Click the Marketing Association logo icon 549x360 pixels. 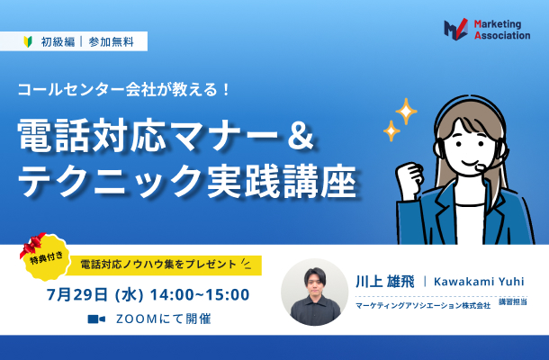[456, 29]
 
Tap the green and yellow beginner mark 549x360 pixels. [28, 41]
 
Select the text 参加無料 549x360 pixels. [111, 42]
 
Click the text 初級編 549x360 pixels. [58, 42]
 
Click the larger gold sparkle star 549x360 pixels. [406, 111]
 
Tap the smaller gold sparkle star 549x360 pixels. [391, 130]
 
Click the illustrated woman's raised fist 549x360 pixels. [409, 175]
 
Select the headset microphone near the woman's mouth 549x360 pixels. [480, 168]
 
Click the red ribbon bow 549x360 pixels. [32, 243]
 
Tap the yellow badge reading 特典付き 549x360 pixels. [47, 258]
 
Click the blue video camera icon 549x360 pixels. [96, 319]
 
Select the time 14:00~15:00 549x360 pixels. [200, 294]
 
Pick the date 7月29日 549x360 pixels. [77, 295]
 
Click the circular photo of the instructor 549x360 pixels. [315, 292]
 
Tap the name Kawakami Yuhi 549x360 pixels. [479, 281]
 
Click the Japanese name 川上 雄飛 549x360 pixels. [385, 282]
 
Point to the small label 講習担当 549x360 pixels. [513, 301]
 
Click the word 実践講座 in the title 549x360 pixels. [282, 181]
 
